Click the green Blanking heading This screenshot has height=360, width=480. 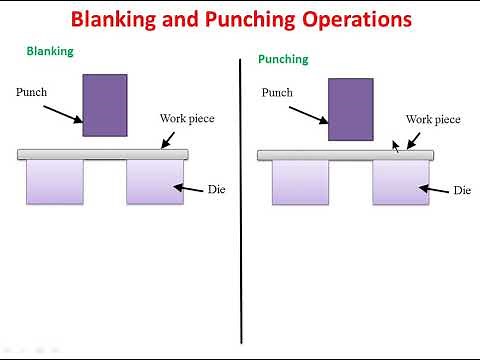49,51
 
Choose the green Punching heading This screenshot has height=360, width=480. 283,59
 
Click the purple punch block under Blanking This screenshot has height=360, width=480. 105,104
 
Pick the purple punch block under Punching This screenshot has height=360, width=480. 350,110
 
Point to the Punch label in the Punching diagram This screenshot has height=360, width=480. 277,93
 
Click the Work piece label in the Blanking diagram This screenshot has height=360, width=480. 187,118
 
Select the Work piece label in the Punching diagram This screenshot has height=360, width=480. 433,119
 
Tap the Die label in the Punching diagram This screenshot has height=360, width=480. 462,190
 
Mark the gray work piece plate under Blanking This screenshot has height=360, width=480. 103,154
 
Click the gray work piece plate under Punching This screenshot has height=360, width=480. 345,155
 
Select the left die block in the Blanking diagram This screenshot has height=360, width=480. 55,182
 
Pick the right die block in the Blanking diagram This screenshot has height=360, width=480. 155,182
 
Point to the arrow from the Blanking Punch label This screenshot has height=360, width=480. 64,112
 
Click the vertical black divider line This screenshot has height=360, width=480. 241,200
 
